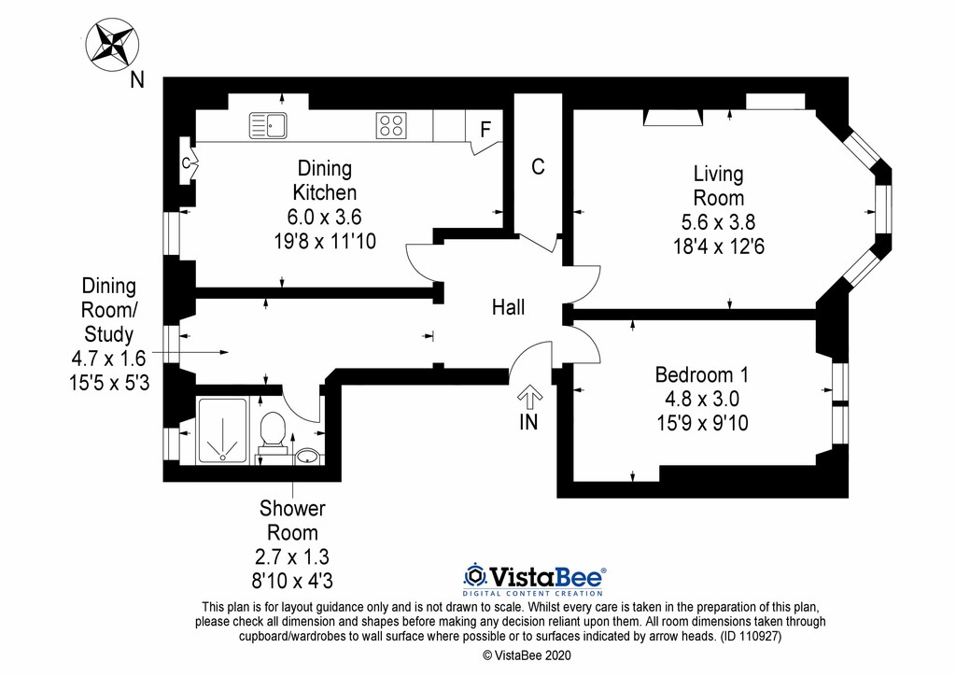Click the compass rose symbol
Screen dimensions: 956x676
pyautogui.click(x=112, y=45)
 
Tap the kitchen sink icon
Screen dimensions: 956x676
pyautogui.click(x=268, y=125)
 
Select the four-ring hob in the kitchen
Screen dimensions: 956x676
pyautogui.click(x=391, y=126)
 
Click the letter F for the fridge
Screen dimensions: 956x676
pyautogui.click(x=485, y=129)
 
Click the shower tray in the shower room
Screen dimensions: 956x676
pyautogui.click(x=222, y=430)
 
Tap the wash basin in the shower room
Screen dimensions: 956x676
pyautogui.click(x=308, y=457)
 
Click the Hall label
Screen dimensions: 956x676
pyautogui.click(x=509, y=307)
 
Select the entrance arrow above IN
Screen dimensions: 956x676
pyautogui.click(x=529, y=397)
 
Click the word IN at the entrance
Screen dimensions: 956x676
pyautogui.click(x=528, y=422)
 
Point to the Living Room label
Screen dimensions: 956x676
pyautogui.click(x=719, y=186)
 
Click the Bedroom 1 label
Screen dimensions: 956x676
pyautogui.click(x=702, y=374)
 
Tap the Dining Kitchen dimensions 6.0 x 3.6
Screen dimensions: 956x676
pyautogui.click(x=324, y=217)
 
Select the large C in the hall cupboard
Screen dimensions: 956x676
pyautogui.click(x=538, y=166)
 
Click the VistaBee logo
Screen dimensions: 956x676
pyautogui.click(x=534, y=580)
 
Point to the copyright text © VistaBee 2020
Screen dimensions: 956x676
pyautogui.click(x=527, y=655)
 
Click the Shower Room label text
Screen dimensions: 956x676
pyautogui.click(x=292, y=521)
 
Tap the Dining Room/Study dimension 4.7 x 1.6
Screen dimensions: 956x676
pyautogui.click(x=108, y=359)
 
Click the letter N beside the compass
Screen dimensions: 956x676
pyautogui.click(x=137, y=80)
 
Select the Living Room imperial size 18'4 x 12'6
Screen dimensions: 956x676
pyautogui.click(x=719, y=246)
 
